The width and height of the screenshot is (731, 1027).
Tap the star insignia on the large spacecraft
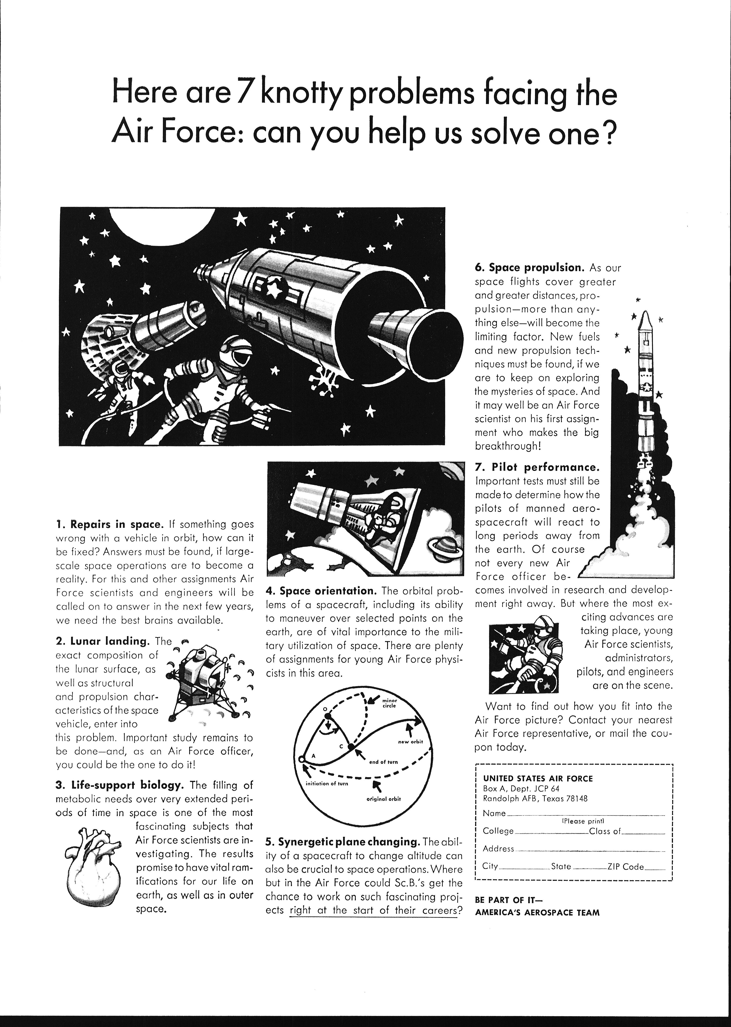[275, 292]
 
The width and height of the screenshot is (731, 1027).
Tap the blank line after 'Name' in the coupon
[585, 814]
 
